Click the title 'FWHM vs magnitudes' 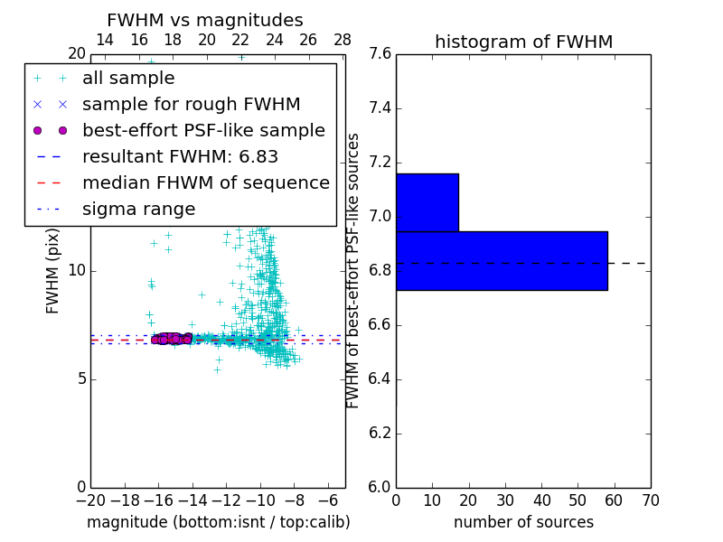pyautogui.click(x=204, y=21)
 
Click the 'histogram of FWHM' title pyautogui.click(x=523, y=42)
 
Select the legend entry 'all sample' pyautogui.click(x=128, y=79)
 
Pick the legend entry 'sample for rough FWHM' pyautogui.click(x=191, y=105)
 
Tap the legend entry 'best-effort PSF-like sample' pyautogui.click(x=203, y=130)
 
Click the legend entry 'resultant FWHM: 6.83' pyautogui.click(x=180, y=156)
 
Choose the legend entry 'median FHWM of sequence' pyautogui.click(x=205, y=182)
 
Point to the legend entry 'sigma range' pyautogui.click(x=138, y=209)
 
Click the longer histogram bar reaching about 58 pyautogui.click(x=502, y=260)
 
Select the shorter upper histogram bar pyautogui.click(x=427, y=202)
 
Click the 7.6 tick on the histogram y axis pyautogui.click(x=380, y=54)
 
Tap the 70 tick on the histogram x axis pyautogui.click(x=650, y=500)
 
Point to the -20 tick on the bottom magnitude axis pyautogui.click(x=90, y=500)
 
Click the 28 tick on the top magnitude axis pyautogui.click(x=343, y=40)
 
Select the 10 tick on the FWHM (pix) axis pyautogui.click(x=76, y=271)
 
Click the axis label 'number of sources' pyautogui.click(x=523, y=522)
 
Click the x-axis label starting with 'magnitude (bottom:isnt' pyautogui.click(x=218, y=522)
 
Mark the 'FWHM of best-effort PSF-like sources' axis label pyautogui.click(x=353, y=270)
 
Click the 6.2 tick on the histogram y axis pyautogui.click(x=380, y=434)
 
